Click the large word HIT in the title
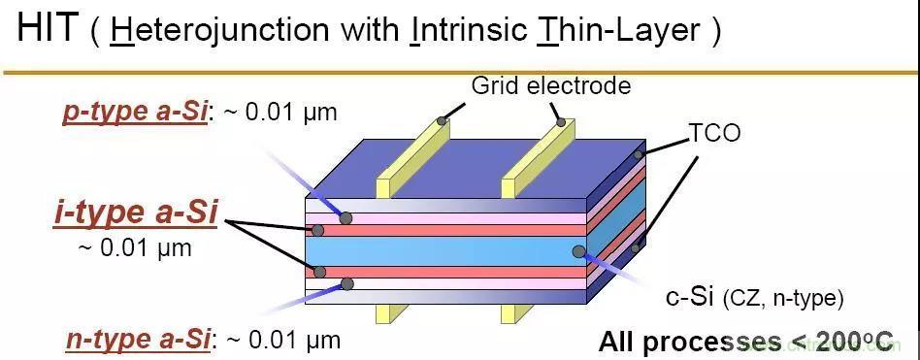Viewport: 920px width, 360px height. click(x=48, y=28)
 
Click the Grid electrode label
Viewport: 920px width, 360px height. click(x=551, y=85)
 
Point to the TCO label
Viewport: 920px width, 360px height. click(x=714, y=133)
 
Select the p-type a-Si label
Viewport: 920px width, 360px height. click(x=134, y=112)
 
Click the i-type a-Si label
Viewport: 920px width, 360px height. click(x=136, y=213)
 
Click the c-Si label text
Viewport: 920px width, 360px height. click(x=690, y=298)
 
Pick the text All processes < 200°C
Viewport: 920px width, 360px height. click(x=745, y=341)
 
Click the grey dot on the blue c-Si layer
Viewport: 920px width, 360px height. click(x=578, y=251)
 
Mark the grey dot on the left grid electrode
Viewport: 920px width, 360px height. click(x=442, y=121)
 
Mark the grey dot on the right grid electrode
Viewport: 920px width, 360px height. click(x=561, y=122)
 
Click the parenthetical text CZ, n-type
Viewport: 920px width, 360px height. click(x=783, y=299)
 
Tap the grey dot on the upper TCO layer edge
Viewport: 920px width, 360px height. click(x=638, y=155)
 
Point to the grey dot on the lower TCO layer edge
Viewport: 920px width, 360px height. click(x=636, y=248)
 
